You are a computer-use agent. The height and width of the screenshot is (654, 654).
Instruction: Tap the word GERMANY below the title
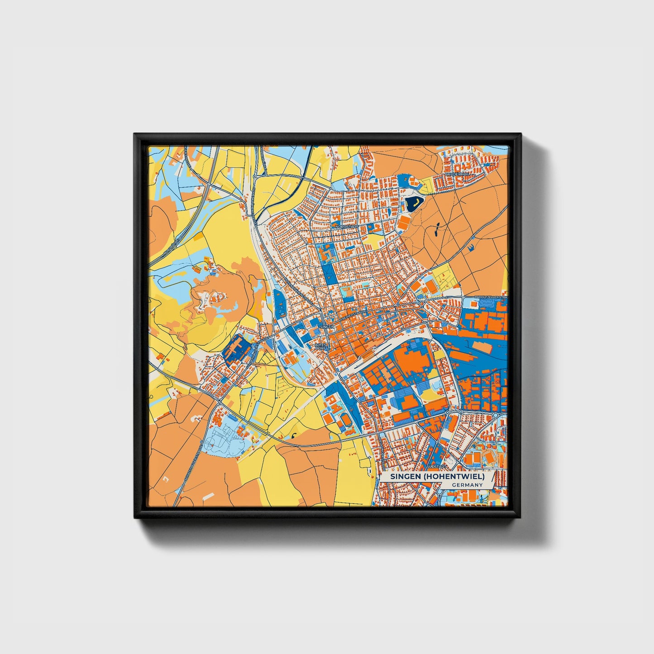coord(467,485)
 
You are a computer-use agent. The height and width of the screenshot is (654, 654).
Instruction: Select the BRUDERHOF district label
coord(456,174)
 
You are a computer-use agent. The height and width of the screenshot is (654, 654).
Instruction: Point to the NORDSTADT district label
coord(346,226)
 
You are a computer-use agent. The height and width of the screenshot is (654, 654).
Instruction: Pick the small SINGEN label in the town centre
coord(327,326)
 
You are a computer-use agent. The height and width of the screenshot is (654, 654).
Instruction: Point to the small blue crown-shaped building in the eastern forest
coord(472,246)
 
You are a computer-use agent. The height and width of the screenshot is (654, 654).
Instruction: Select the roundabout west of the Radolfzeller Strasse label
coord(421,304)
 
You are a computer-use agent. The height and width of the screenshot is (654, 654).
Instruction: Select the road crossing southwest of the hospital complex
coord(219,400)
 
